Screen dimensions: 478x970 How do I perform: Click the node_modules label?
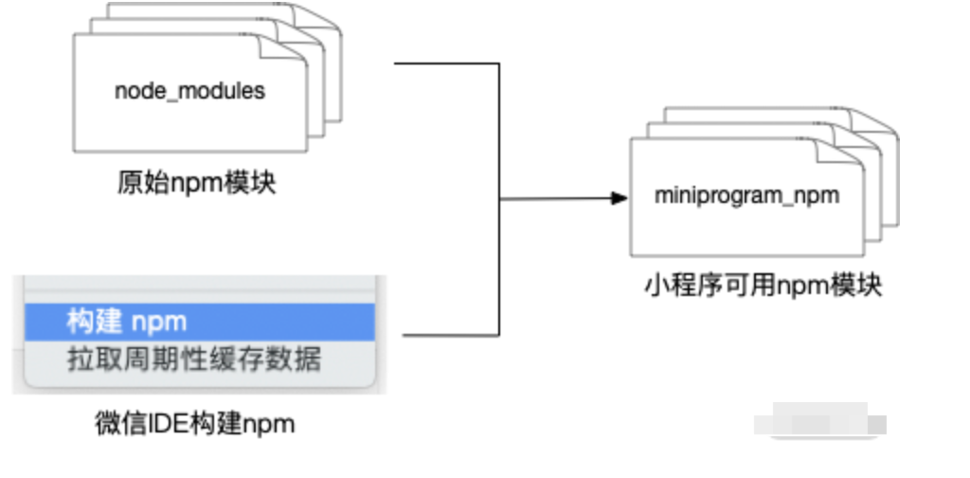click(x=189, y=92)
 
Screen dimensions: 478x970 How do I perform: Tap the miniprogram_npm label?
click(x=747, y=196)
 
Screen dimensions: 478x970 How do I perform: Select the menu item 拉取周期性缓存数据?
click(x=194, y=359)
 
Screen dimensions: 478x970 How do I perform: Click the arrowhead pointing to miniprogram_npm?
click(x=619, y=198)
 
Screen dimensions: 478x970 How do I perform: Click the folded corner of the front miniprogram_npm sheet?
click(x=853, y=149)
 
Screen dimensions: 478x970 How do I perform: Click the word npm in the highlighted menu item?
click(x=159, y=322)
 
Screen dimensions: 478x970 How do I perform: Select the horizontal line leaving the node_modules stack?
click(x=445, y=64)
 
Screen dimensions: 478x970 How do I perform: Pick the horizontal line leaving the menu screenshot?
click(x=451, y=335)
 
